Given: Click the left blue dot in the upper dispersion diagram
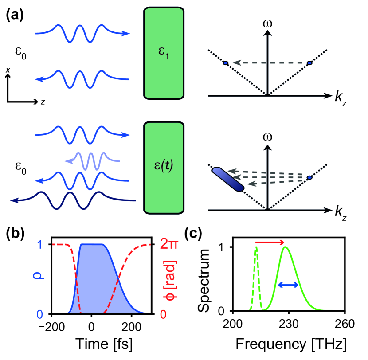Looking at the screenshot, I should [225, 63].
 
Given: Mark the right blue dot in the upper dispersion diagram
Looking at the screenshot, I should [309, 63].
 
